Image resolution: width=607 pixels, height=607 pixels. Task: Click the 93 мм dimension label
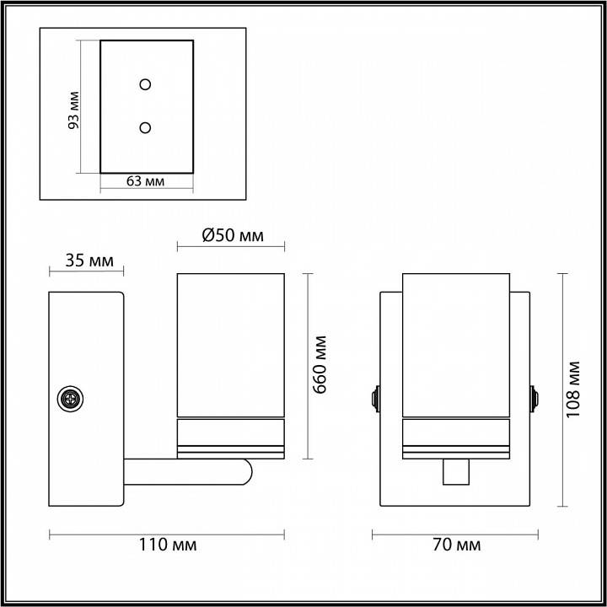pos(74,109)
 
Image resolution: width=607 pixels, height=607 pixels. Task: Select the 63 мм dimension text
pos(145,181)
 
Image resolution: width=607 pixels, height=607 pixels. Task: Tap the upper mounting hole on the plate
pos(145,84)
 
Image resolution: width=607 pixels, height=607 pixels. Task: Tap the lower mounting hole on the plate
pos(145,127)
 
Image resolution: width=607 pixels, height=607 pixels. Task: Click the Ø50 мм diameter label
pos(233,236)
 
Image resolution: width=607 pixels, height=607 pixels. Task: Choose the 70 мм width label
pos(455,545)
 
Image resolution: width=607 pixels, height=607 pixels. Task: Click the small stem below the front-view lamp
pos(455,474)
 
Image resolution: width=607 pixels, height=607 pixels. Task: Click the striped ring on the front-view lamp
pos(455,439)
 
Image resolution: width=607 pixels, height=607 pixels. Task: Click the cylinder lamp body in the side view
pos(230,346)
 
